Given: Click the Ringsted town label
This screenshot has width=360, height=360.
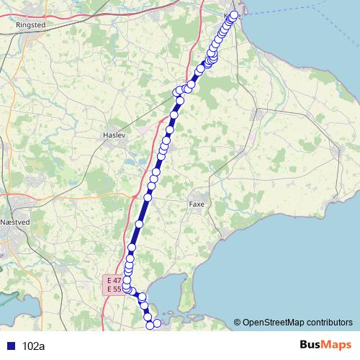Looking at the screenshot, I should [x=30, y=24].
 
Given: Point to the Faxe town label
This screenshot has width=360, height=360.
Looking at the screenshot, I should [x=197, y=204].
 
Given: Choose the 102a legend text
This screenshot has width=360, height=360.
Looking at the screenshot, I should [x=34, y=346].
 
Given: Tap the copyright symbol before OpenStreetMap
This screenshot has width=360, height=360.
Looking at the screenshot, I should [x=237, y=323].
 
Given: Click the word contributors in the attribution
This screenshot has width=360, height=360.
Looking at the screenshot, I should [x=328, y=323].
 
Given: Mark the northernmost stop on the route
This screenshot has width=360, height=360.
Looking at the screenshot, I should [x=234, y=14].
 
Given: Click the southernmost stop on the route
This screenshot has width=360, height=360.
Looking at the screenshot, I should [x=151, y=325].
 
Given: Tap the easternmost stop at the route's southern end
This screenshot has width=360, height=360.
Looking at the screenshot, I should [x=158, y=323].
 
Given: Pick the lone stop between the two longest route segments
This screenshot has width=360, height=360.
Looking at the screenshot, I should [x=140, y=224].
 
